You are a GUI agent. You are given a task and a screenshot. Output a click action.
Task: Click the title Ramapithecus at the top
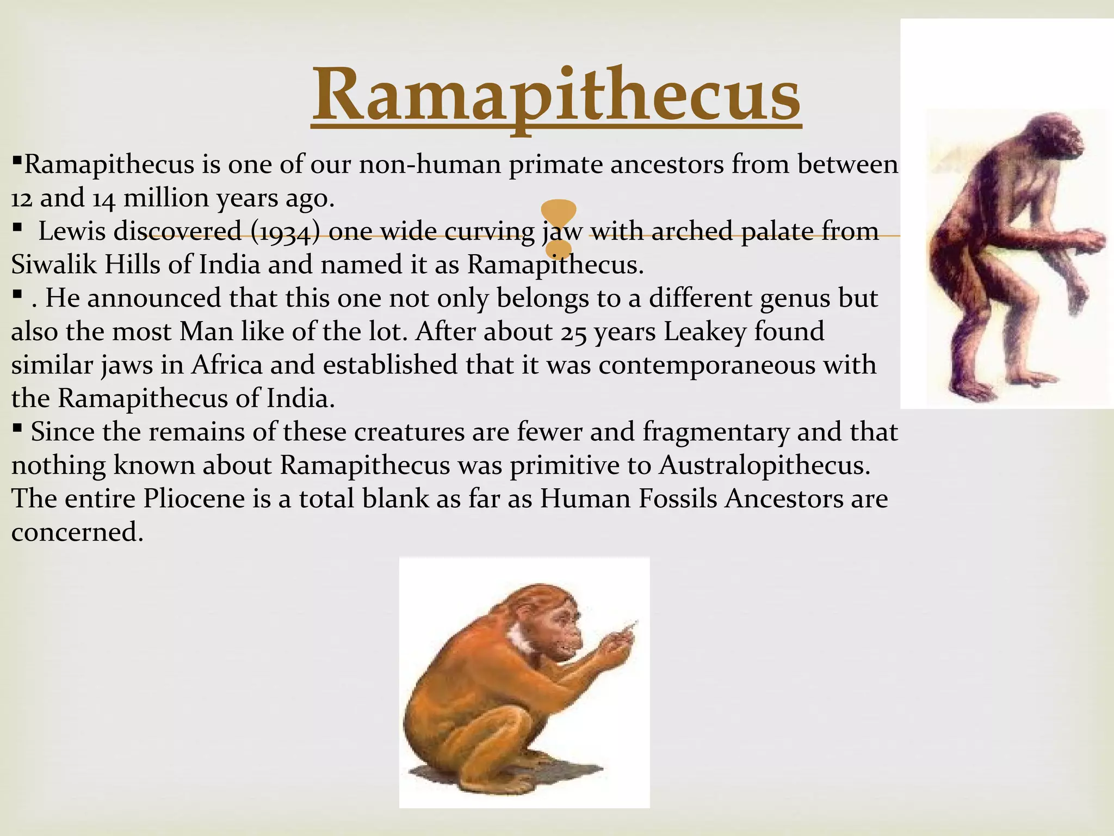556,95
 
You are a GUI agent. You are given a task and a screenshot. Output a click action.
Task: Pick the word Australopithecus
764,466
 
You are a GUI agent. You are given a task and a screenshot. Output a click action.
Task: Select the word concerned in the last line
77,532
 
